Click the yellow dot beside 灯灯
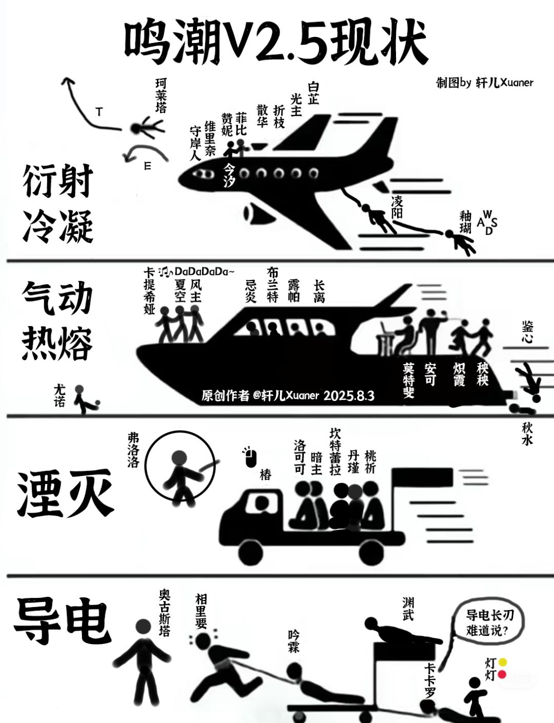[x=502, y=662]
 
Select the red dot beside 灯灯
[x=502, y=674]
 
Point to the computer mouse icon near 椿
[x=250, y=456]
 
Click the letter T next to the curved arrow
[x=99, y=112]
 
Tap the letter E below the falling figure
[x=148, y=166]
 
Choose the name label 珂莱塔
[x=161, y=95]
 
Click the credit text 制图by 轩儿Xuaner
[x=484, y=83]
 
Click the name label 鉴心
[x=527, y=332]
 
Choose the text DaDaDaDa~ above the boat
[x=204, y=271]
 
